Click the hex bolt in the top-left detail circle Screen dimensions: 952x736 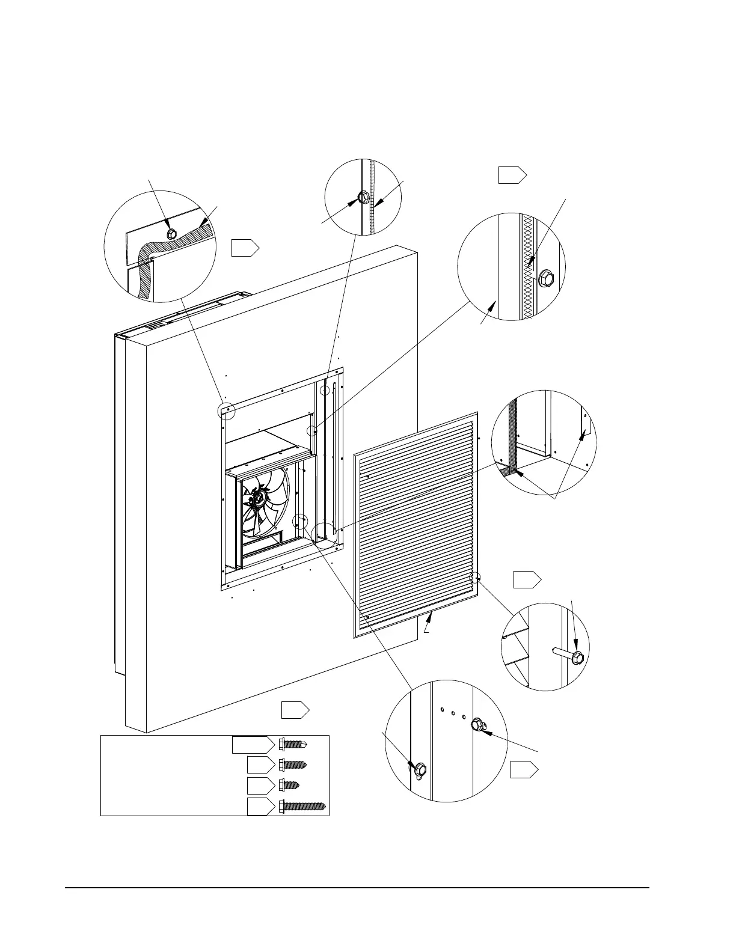[170, 233]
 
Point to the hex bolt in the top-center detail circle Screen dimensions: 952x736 [363, 197]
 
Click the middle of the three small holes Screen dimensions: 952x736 [452, 713]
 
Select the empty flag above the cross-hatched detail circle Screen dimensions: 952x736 [512, 175]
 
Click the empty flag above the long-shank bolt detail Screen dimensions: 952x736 [527, 580]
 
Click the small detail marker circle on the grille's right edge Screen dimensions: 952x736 [476, 578]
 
